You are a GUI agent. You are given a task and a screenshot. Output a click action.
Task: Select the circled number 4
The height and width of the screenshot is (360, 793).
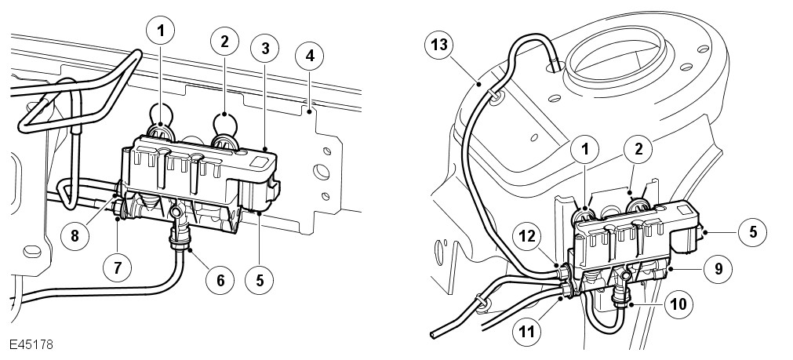[310, 56]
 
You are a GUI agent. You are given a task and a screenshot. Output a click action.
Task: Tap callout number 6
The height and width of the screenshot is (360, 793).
[220, 279]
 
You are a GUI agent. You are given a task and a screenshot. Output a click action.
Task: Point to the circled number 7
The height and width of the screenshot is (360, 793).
[118, 267]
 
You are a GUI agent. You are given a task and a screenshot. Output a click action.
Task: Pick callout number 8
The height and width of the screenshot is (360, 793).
[75, 236]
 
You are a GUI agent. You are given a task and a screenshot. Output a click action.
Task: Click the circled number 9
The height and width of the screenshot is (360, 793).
[717, 269]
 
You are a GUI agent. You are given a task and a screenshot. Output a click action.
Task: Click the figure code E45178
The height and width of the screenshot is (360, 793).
[31, 344]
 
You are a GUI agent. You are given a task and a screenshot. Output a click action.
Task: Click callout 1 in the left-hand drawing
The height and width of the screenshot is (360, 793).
[161, 31]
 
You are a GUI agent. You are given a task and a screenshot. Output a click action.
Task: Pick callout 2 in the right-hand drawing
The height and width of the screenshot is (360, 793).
[638, 149]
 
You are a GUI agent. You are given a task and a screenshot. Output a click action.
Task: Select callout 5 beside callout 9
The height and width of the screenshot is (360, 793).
[752, 232]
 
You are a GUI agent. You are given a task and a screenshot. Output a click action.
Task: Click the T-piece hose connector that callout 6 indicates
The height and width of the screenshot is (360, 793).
[178, 223]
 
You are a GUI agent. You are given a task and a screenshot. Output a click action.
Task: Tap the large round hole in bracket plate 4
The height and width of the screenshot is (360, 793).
[321, 172]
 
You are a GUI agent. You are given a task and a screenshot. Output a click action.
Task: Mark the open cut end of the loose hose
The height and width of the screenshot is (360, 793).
[434, 335]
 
